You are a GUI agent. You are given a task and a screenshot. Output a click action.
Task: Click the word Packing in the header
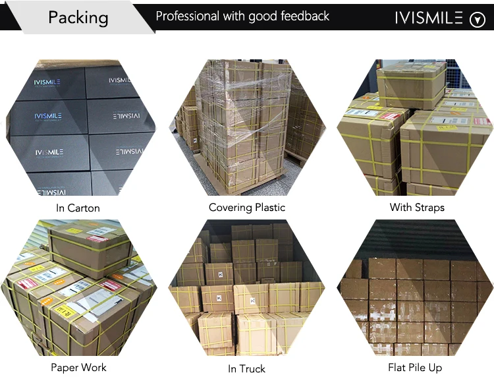pos(78,17)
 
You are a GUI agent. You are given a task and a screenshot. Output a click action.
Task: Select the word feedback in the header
pos(300,16)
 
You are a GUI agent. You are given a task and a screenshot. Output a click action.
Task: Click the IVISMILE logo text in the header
pos(429,18)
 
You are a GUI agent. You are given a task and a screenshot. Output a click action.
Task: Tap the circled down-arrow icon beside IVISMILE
pos(477,20)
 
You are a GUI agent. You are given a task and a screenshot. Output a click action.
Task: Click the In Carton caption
pos(78,208)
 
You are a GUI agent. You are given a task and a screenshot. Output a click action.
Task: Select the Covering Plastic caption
pos(248,208)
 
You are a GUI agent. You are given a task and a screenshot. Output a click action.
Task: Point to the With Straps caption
pos(417,208)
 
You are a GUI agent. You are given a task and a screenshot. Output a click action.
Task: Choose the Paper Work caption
pos(78,367)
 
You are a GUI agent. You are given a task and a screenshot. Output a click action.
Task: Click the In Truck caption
pos(247,368)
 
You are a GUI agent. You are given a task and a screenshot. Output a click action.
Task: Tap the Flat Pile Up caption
pos(415,367)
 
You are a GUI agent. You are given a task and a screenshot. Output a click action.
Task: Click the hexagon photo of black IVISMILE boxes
pos(80,127)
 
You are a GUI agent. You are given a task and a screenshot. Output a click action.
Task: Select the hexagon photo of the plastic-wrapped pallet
pos(248,127)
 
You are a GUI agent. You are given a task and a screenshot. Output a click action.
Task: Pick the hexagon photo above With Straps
pos(415,127)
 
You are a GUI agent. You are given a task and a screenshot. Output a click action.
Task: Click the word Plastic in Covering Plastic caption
pos(271,208)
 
